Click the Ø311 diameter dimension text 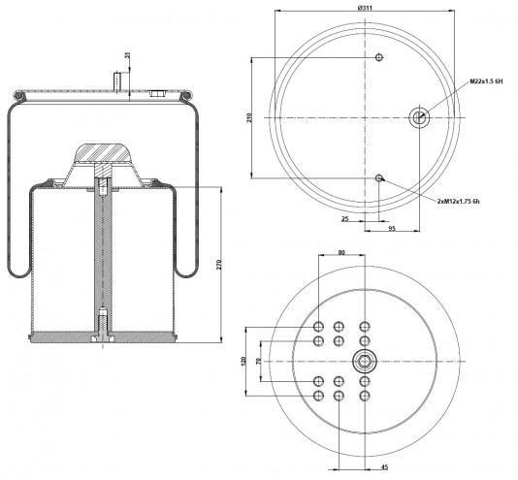(365, 8)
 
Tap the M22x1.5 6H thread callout (486, 81)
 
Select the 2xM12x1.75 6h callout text (458, 201)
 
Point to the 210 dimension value (249, 118)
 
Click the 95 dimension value (392, 228)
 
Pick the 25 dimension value (345, 219)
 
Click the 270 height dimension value (219, 265)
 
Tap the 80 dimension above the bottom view (341, 253)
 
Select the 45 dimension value (384, 467)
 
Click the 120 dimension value (243, 361)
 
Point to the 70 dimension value (259, 361)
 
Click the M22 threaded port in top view (419, 117)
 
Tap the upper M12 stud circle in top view (379, 57)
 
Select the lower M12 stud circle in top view (379, 178)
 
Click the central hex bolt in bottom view (365, 361)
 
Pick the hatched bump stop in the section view (103, 153)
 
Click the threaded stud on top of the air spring (117, 80)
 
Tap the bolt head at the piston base (103, 339)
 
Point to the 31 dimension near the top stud (127, 55)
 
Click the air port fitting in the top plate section (157, 93)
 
